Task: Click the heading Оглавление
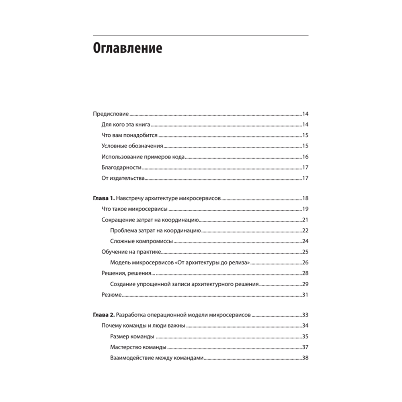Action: point(127,49)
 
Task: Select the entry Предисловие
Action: point(111,114)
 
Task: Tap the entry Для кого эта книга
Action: point(126,125)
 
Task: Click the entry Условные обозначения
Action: point(132,146)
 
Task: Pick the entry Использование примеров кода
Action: point(143,157)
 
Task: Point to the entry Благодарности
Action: point(121,168)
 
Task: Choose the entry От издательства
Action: point(123,178)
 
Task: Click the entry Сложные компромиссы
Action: point(141,242)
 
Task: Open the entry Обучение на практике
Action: point(131,252)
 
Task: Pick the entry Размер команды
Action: point(132,336)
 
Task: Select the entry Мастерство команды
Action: point(138,347)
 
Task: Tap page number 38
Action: point(305,358)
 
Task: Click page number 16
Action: point(305,157)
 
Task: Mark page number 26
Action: point(305,263)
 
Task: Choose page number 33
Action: point(305,315)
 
